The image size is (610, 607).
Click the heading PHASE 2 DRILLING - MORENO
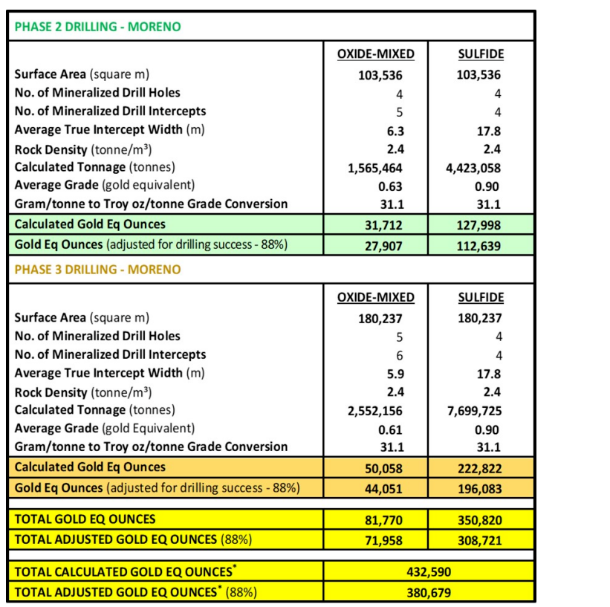(x=97, y=27)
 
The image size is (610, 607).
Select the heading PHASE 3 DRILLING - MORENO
(x=97, y=269)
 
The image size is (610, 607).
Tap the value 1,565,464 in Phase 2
(x=375, y=167)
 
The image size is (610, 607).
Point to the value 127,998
(x=479, y=224)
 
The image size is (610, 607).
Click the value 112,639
(x=479, y=244)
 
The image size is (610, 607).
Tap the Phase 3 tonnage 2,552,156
(x=375, y=410)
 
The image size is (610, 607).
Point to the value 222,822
(x=479, y=468)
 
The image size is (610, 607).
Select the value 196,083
(x=479, y=488)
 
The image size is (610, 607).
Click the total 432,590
(x=429, y=573)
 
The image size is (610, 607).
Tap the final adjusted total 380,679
(x=429, y=592)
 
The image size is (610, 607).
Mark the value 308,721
(x=479, y=540)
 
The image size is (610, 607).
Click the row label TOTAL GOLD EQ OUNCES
(x=85, y=519)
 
